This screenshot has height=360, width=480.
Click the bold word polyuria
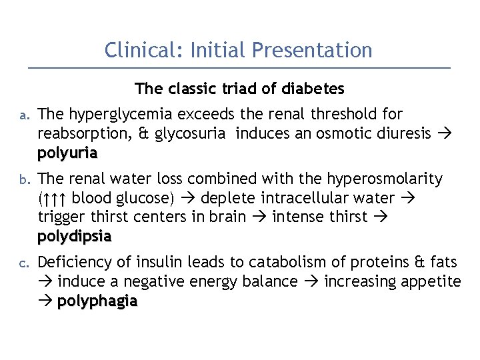(x=67, y=153)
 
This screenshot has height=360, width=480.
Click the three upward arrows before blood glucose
(x=55, y=199)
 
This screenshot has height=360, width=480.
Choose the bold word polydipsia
(x=75, y=236)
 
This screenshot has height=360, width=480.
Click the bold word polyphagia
(x=97, y=301)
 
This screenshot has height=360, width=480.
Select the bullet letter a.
(x=22, y=115)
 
